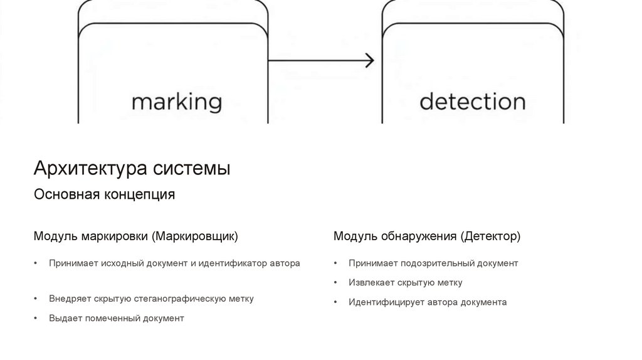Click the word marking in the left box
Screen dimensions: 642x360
pos(177,102)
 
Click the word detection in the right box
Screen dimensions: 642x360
pos(472,101)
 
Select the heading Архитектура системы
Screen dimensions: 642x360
pos(132,169)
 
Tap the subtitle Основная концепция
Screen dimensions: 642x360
pos(104,194)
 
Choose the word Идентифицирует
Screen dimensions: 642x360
pos(387,302)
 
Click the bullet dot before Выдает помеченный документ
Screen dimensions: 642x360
pos(36,319)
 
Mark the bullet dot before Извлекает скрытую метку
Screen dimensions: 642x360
pos(336,283)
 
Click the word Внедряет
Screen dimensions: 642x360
pos(70,299)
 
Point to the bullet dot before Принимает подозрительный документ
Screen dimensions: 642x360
pos(336,263)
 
